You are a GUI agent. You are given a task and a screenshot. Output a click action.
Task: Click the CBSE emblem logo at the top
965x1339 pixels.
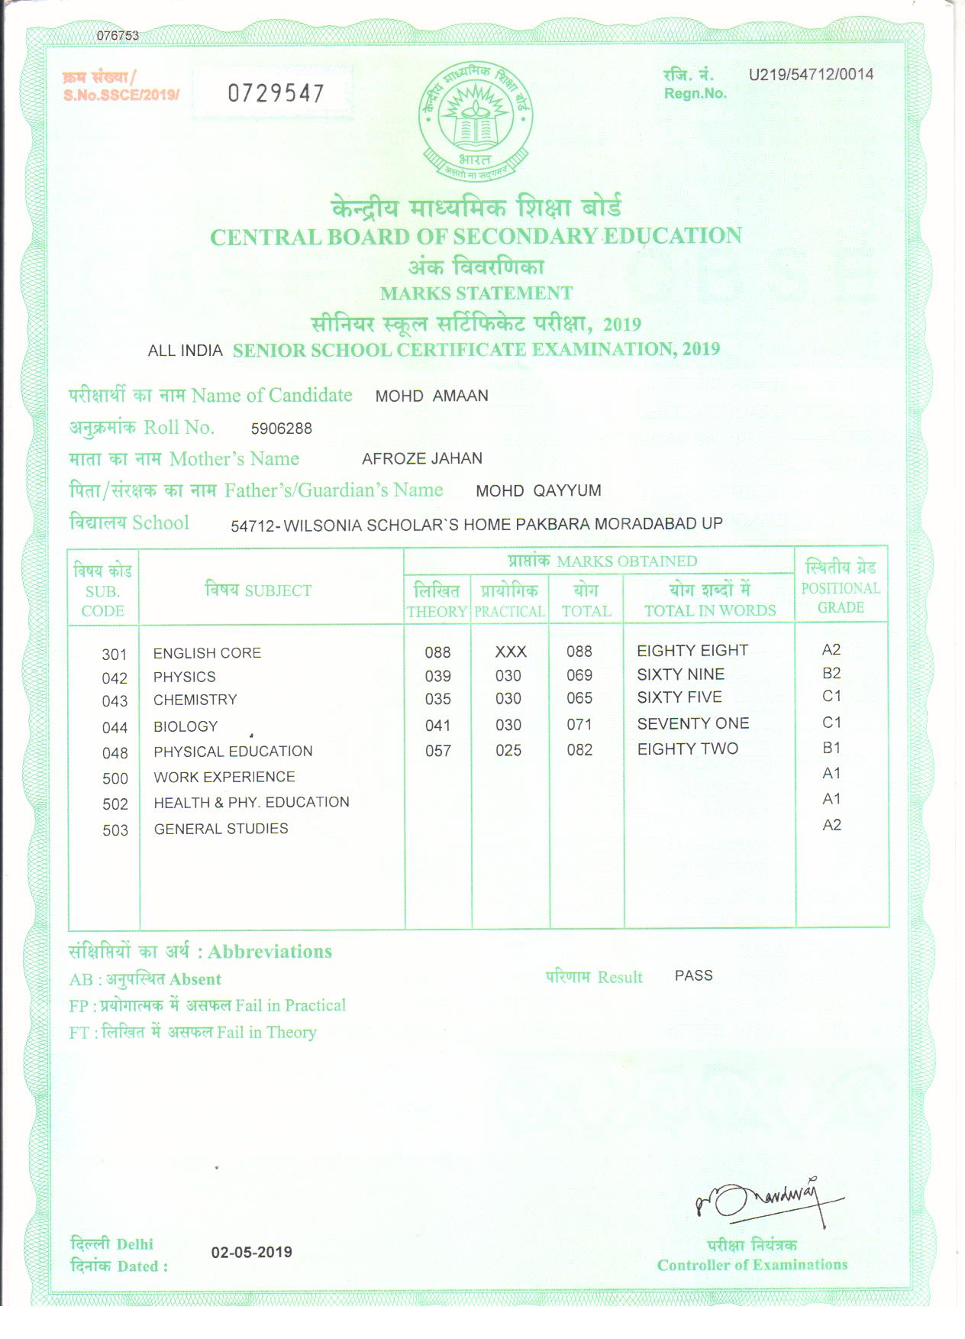click(475, 122)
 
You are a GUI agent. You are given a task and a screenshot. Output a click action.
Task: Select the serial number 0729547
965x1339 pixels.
click(276, 93)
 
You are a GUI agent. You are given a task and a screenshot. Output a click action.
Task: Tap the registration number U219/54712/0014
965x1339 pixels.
click(811, 75)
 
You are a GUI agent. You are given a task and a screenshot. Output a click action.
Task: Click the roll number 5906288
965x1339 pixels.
click(281, 429)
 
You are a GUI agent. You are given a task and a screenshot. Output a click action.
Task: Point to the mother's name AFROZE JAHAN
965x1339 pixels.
click(421, 458)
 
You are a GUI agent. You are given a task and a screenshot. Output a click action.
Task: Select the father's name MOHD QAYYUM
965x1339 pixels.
click(538, 490)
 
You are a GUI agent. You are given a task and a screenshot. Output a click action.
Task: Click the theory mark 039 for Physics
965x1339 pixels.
click(437, 676)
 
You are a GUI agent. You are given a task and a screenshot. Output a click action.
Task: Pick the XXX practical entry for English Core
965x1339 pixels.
click(510, 652)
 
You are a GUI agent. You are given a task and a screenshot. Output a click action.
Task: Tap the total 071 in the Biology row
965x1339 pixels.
click(579, 724)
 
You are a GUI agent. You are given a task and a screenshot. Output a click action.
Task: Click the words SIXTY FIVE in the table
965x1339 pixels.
click(679, 697)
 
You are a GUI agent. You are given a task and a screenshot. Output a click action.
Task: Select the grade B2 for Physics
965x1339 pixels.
click(831, 673)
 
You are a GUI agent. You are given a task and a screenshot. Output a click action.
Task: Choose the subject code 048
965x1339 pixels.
click(115, 753)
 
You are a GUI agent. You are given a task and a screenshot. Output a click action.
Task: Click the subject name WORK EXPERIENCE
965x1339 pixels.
click(224, 777)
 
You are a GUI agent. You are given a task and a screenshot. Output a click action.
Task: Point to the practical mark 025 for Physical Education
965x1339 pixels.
click(508, 750)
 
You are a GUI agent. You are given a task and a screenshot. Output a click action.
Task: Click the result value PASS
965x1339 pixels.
click(693, 975)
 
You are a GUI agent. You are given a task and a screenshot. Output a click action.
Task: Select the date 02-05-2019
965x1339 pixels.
click(251, 1252)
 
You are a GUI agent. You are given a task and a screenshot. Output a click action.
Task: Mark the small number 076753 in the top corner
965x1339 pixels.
click(118, 36)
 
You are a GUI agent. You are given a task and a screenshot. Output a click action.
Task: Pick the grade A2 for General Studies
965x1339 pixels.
click(831, 825)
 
